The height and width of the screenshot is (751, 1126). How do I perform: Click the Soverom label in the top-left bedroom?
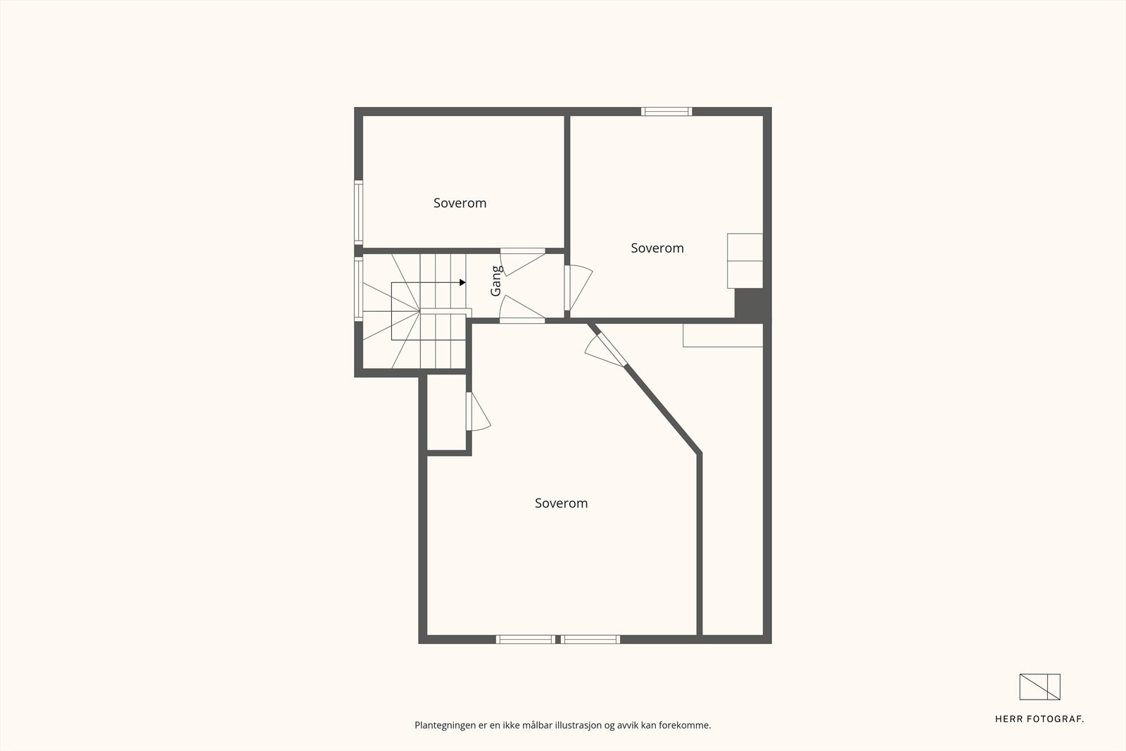tap(460, 203)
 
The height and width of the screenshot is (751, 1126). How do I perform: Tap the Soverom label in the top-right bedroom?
tap(657, 248)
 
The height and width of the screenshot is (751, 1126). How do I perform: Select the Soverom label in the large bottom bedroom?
tap(561, 503)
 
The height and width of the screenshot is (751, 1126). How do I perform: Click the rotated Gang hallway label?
tap(496, 281)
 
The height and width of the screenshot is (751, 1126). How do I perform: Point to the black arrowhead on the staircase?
tap(462, 282)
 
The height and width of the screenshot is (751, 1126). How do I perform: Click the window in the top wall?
tap(666, 111)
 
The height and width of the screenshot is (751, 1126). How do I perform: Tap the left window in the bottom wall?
tap(525, 639)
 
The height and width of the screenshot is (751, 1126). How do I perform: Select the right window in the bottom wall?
tap(590, 639)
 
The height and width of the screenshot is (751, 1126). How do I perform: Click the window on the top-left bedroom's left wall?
tap(358, 213)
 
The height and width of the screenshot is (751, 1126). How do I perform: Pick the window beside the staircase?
tap(358, 289)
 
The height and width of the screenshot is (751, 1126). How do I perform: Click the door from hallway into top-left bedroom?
tap(522, 260)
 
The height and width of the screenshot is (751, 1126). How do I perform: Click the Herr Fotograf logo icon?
tap(1039, 687)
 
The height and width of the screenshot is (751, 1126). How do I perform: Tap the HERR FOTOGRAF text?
tap(1039, 719)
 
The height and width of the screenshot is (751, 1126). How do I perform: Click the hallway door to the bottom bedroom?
tap(522, 310)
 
